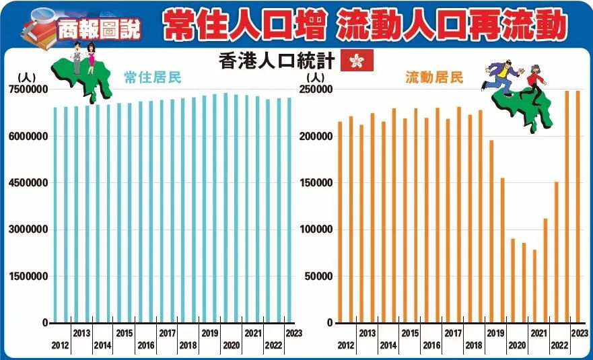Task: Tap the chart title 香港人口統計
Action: tap(277, 61)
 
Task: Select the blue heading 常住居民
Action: tap(153, 77)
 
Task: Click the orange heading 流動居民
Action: tap(434, 77)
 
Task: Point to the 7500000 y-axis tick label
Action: tap(28, 89)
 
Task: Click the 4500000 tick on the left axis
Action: tap(28, 183)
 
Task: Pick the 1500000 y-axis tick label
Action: tap(28, 276)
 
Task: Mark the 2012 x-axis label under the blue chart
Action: tap(60, 345)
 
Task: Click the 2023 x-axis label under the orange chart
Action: tap(579, 333)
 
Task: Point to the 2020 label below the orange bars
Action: tap(517, 345)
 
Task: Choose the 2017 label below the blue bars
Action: tap(167, 333)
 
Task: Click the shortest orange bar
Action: tap(535, 286)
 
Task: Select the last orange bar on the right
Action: tap(578, 207)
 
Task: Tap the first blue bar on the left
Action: tap(55, 215)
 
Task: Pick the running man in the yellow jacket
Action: tap(501, 74)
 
